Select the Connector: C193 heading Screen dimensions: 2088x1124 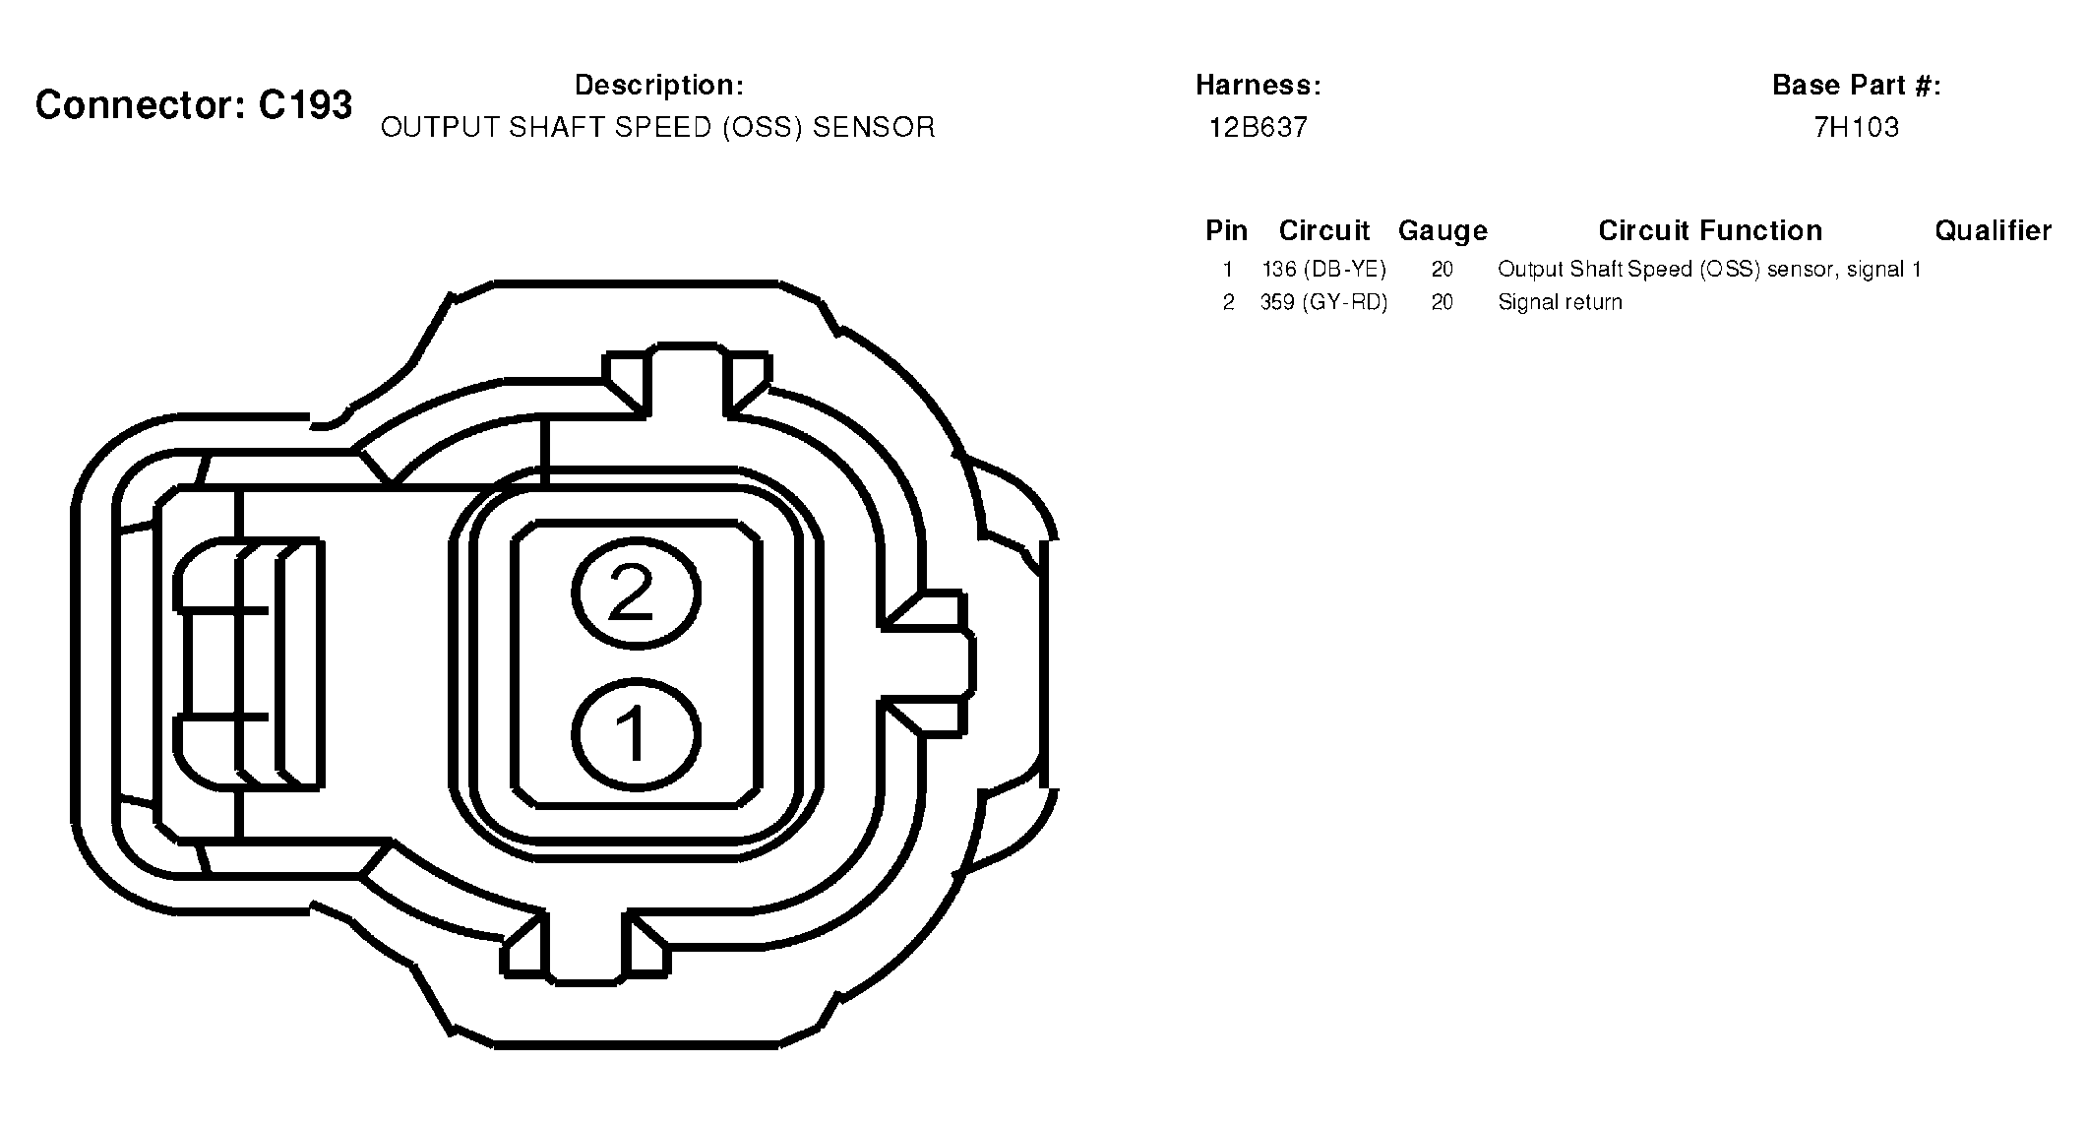194,104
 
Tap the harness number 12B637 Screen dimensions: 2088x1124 1259,128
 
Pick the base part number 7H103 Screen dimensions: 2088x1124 1857,128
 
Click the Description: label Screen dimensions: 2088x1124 659,86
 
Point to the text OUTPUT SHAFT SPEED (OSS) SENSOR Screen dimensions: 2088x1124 658,128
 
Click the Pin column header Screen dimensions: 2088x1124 1227,231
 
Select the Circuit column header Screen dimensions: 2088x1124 1324,231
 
